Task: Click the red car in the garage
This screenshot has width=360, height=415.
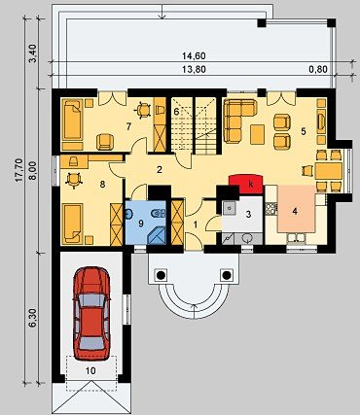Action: pyautogui.click(x=91, y=313)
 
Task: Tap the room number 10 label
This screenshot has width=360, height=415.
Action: pyautogui.click(x=91, y=370)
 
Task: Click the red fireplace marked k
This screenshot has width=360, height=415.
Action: pyautogui.click(x=246, y=184)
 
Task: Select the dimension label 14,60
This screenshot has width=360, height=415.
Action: pyautogui.click(x=194, y=56)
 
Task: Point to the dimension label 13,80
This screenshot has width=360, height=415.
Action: pyautogui.click(x=194, y=69)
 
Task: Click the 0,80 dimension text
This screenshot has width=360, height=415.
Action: pyautogui.click(x=318, y=69)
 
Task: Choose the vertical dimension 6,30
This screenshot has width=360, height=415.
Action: pyautogui.click(x=35, y=318)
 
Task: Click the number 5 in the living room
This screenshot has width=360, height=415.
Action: pyautogui.click(x=304, y=131)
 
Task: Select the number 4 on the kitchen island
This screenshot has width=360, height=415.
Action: pyautogui.click(x=295, y=212)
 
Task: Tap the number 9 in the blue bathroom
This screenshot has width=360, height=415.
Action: pyautogui.click(x=141, y=224)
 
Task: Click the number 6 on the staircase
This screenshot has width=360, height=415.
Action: pyautogui.click(x=176, y=112)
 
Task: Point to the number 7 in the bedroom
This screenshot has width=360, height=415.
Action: pyautogui.click(x=128, y=126)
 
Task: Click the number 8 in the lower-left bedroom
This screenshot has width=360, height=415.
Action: pyautogui.click(x=102, y=185)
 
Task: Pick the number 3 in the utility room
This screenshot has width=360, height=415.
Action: pyautogui.click(x=248, y=214)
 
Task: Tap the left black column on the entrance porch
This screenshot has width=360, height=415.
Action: pyautogui.click(x=161, y=275)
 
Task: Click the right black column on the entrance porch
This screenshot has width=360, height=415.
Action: pyautogui.click(x=227, y=275)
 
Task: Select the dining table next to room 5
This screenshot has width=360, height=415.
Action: pyautogui.click(x=329, y=171)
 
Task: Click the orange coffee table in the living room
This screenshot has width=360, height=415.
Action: pyautogui.click(x=258, y=134)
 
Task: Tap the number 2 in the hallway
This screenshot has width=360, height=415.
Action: pyautogui.click(x=160, y=169)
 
